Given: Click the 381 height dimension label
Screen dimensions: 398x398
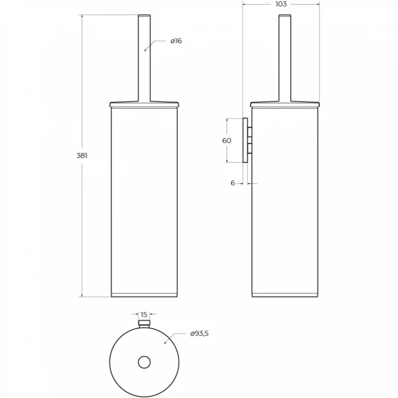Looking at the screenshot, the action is [82, 155].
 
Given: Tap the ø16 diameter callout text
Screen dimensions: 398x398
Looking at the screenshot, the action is [176, 41].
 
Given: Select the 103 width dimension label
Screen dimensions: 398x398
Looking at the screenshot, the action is [280, 4].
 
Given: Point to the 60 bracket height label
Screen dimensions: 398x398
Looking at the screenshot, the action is [226, 141].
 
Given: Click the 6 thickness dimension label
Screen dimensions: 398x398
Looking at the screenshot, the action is [232, 183].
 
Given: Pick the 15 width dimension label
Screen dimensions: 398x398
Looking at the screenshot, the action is [144, 314].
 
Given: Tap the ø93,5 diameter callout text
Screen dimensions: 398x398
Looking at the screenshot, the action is [199, 334].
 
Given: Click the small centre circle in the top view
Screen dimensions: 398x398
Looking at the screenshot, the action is [144, 362].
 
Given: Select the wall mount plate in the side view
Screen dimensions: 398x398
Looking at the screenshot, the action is [245, 140].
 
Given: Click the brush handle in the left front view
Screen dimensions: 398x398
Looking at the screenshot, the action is [144, 58].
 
